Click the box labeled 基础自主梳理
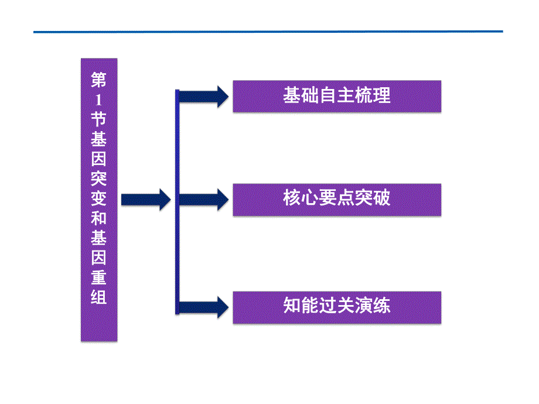coord(337,96)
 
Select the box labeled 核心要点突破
coord(337,199)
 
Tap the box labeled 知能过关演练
coord(337,306)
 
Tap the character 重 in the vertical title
coord(99,277)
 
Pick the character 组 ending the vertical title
coord(99,297)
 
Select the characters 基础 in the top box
coord(299,96)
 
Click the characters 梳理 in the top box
coord(375,96)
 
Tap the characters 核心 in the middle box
coord(299,199)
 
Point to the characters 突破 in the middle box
coord(375,199)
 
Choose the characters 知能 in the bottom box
coord(299,306)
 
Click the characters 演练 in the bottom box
coord(375,306)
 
